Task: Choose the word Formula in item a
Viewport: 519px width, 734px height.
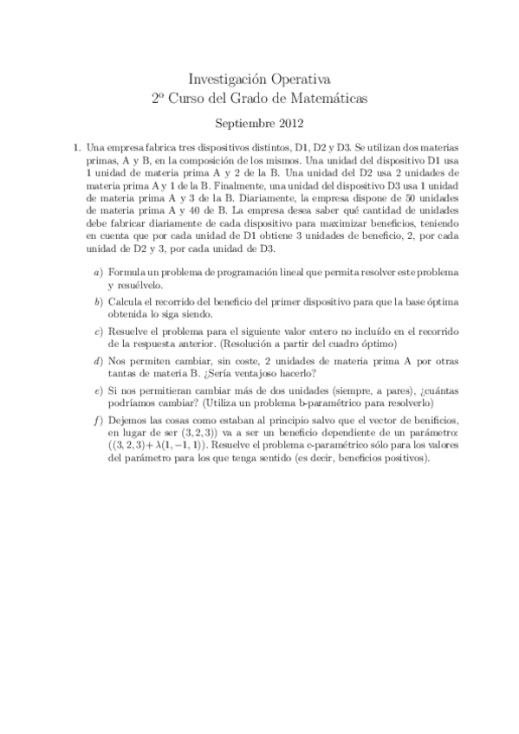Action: pos(125,272)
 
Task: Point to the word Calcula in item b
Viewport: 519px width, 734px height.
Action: pos(124,301)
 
